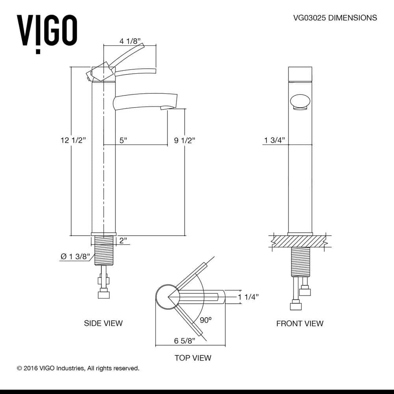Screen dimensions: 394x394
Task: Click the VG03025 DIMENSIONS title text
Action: click(x=335, y=18)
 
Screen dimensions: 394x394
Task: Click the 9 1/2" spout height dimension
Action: click(x=185, y=140)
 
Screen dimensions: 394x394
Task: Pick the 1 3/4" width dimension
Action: click(x=274, y=140)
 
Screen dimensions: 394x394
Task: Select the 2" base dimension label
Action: click(x=124, y=240)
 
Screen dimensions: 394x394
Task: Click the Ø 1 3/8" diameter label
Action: click(x=75, y=256)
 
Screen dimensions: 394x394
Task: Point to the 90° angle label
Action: click(x=206, y=320)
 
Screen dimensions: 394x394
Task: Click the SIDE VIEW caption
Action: click(x=103, y=323)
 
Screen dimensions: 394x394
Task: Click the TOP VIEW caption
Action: click(x=193, y=358)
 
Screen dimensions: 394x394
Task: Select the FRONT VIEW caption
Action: click(x=299, y=323)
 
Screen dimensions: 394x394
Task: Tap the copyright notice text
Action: click(x=78, y=368)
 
